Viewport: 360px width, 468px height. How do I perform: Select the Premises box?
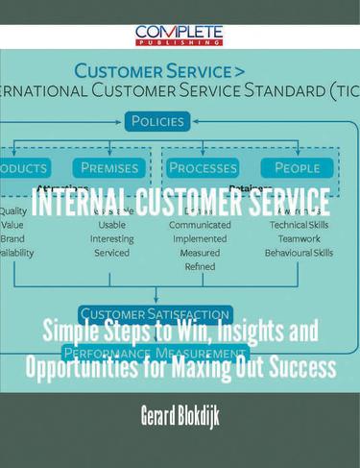click(110, 167)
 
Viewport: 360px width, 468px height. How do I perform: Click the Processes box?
click(203, 167)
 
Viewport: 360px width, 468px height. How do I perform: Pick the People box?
click(299, 167)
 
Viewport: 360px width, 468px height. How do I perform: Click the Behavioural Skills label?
click(300, 254)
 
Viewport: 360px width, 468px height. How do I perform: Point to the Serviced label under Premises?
click(111, 254)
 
